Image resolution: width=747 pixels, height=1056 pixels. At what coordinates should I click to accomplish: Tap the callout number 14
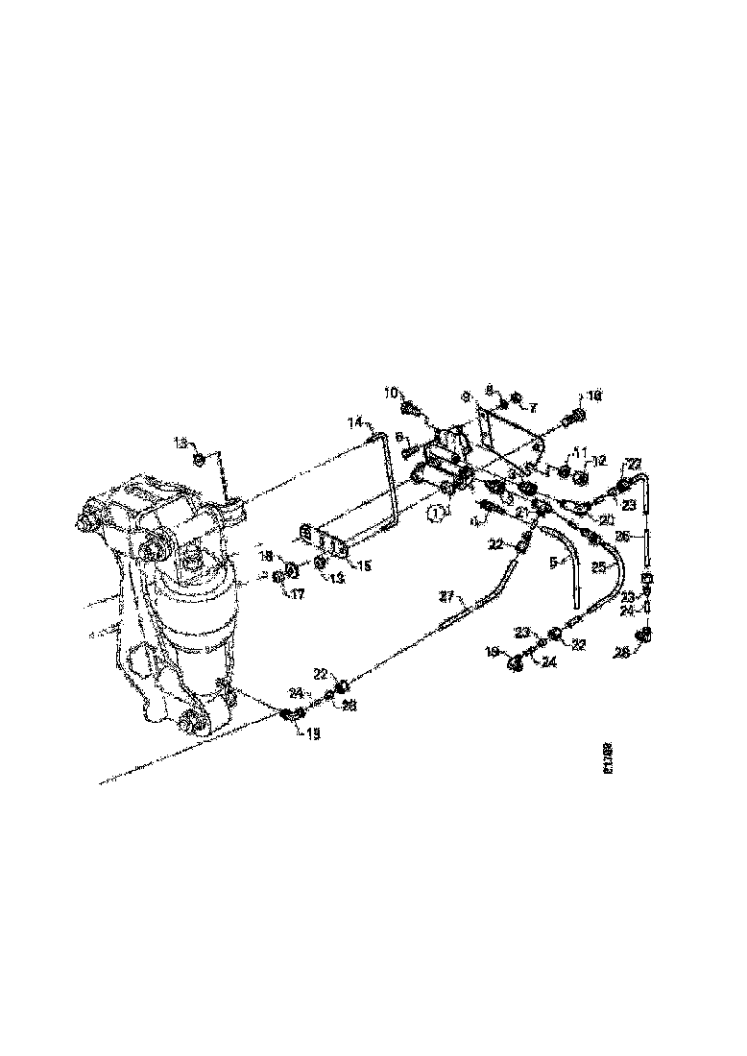point(354,421)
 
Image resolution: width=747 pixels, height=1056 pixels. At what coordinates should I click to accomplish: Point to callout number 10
point(392,393)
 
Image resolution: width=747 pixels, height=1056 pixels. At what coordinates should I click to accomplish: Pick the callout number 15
point(364,566)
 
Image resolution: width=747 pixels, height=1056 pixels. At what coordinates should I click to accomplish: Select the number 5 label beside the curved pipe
point(553,564)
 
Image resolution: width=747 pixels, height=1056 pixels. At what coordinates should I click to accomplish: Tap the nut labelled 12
point(581,476)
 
